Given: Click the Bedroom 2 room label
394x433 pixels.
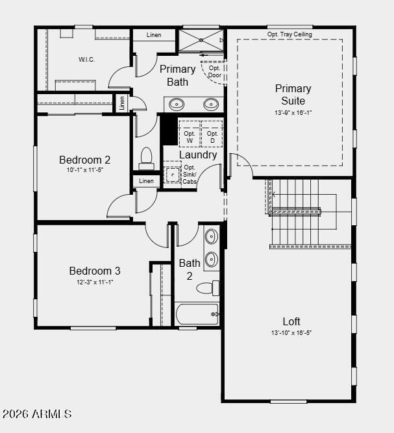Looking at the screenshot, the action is (x=85, y=160).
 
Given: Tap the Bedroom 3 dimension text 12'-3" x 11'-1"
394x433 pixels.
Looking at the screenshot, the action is (x=95, y=282).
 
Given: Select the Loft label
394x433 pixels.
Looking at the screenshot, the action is (x=291, y=321).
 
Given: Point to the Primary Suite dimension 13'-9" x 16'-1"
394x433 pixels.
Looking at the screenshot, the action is (x=293, y=113).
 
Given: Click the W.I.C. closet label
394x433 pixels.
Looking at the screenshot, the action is (x=87, y=59).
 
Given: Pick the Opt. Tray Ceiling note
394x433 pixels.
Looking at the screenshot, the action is (x=289, y=34).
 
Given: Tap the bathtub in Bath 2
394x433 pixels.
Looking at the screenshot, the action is (x=197, y=314).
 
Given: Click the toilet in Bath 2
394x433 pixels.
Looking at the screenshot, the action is (x=208, y=288).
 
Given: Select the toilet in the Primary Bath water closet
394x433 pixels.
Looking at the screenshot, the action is (x=146, y=159).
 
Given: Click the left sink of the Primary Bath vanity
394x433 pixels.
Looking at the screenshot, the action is (x=177, y=105).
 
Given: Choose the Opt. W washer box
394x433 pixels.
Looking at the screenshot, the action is (x=190, y=134).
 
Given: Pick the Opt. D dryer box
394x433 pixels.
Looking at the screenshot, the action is (x=212, y=134).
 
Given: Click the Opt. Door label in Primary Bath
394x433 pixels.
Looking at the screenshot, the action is (x=215, y=71).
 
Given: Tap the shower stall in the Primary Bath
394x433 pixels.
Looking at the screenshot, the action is (x=201, y=40).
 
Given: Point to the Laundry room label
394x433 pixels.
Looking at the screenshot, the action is (x=198, y=155).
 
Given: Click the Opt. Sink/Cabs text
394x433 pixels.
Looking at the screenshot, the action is (x=190, y=175).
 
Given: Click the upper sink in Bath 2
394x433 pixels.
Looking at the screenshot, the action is (x=212, y=236).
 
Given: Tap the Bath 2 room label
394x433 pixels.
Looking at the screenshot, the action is (x=190, y=269).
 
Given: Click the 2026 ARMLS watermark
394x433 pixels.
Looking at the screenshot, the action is (x=37, y=414).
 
